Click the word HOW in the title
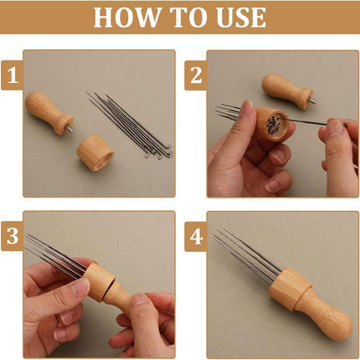[x=127, y=18]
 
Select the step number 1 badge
[x=13, y=75]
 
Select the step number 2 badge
[x=196, y=75]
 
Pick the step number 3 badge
[x=13, y=236]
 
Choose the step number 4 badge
[x=196, y=236]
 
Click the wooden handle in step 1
[x=48, y=112]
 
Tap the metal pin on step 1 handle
[x=69, y=129]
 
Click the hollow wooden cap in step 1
[x=95, y=153]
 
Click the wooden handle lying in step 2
[x=287, y=90]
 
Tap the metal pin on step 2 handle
[x=312, y=100]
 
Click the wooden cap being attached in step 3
[x=99, y=282]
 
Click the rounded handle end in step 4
[x=340, y=326]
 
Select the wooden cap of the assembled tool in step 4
[x=289, y=288]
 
